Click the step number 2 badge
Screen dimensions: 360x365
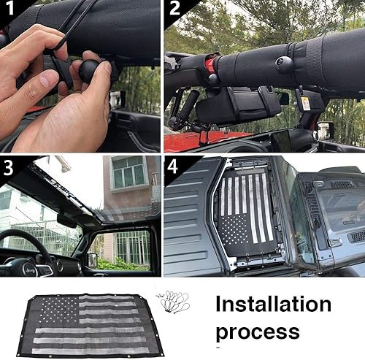coord(174,9)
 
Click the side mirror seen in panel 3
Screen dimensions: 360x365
coord(92,259)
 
